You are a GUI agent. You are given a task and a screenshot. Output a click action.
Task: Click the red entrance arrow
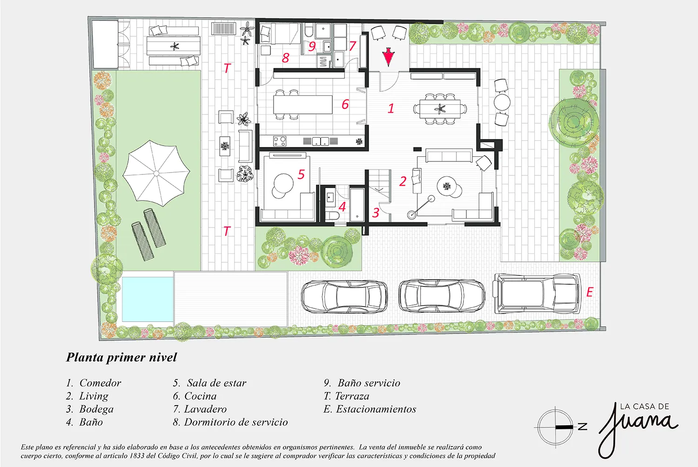(388, 57)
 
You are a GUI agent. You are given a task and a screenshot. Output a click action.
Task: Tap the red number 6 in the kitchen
(345, 104)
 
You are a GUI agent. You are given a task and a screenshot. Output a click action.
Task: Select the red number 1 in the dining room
(391, 108)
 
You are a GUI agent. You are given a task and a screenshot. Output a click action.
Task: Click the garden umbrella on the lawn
(156, 173)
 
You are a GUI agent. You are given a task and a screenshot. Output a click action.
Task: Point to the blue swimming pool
(148, 299)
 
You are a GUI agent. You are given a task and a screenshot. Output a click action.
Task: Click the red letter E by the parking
(589, 292)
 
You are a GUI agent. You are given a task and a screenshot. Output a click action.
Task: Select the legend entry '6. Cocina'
(195, 396)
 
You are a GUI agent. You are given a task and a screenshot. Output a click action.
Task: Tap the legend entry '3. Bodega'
(90, 409)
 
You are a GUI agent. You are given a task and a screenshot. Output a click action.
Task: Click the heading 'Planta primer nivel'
(121, 357)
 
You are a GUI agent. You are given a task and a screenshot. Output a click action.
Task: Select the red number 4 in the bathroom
(342, 207)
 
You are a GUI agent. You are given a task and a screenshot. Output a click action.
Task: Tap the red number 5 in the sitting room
(301, 174)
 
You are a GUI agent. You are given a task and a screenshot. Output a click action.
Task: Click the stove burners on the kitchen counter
(280, 141)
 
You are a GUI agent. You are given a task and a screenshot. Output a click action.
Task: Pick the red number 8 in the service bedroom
(285, 58)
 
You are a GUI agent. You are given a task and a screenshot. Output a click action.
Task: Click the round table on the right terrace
(502, 102)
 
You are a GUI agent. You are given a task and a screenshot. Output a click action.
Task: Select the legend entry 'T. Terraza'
(346, 396)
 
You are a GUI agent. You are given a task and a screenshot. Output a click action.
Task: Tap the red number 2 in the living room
(403, 181)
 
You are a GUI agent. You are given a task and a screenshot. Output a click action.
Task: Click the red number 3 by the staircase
(376, 213)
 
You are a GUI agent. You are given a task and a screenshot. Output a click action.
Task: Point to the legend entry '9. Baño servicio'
(362, 383)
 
